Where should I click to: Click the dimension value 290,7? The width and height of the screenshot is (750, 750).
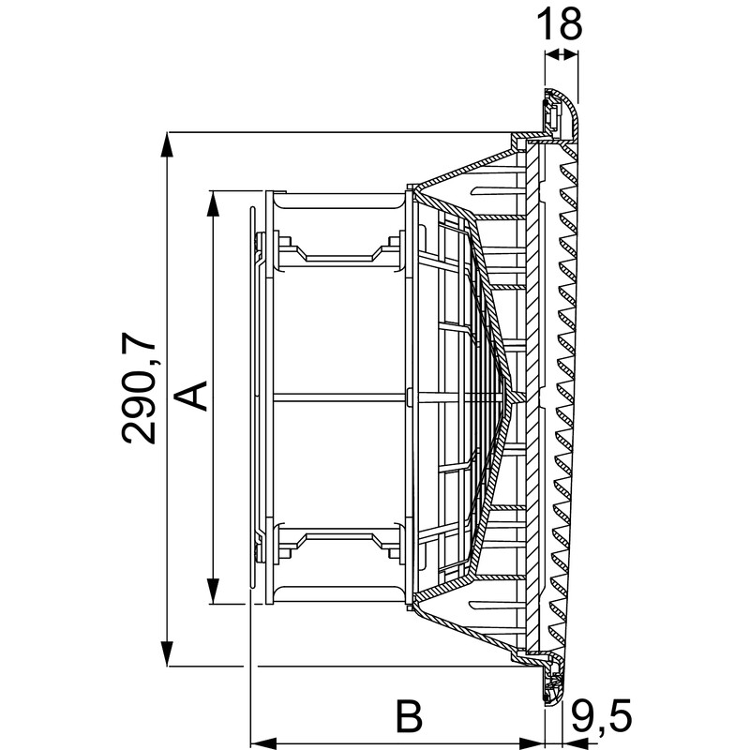click(x=139, y=387)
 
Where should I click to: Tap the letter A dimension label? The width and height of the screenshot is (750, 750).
click(x=191, y=396)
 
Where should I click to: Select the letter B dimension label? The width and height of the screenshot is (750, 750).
click(x=410, y=716)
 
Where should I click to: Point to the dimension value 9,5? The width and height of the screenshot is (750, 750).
click(x=602, y=716)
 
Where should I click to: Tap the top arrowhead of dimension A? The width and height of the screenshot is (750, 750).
click(x=214, y=203)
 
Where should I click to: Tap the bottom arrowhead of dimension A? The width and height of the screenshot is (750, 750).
click(x=214, y=592)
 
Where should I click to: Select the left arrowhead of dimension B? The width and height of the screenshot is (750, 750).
click(x=263, y=743)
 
